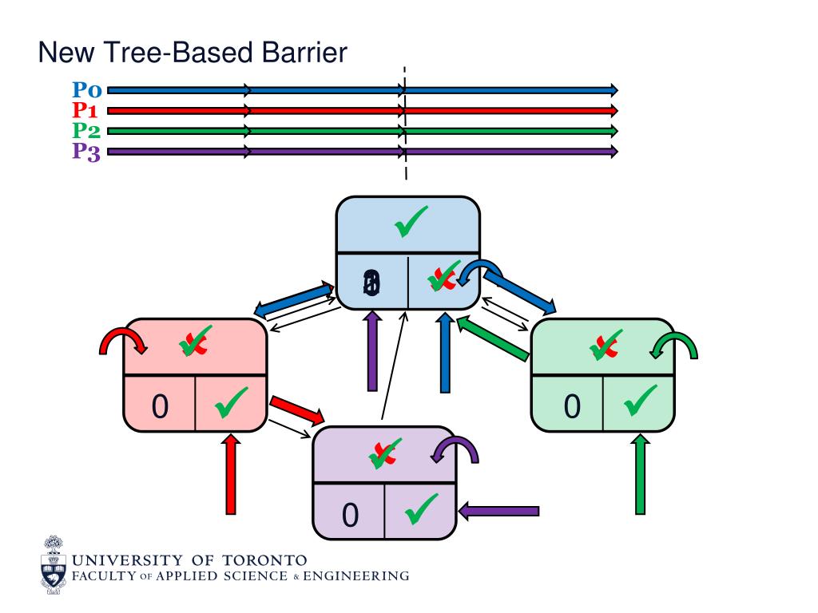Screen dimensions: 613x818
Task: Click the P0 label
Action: (x=87, y=90)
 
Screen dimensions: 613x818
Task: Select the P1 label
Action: (x=87, y=110)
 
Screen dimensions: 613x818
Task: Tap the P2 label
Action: (x=87, y=130)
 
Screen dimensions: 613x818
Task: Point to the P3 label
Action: (x=87, y=151)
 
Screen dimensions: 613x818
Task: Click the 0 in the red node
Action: (x=160, y=406)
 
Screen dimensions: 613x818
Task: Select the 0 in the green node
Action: (x=571, y=406)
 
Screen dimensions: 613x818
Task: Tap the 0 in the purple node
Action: (x=350, y=516)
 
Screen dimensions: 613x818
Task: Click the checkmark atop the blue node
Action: (x=411, y=222)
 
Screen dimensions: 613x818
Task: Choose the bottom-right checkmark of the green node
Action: (x=640, y=401)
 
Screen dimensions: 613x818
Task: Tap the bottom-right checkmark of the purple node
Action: (x=421, y=509)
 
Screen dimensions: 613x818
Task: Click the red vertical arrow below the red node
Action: (x=231, y=474)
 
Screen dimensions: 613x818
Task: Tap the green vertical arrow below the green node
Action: (x=640, y=474)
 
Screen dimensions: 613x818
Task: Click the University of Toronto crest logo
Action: (x=54, y=565)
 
